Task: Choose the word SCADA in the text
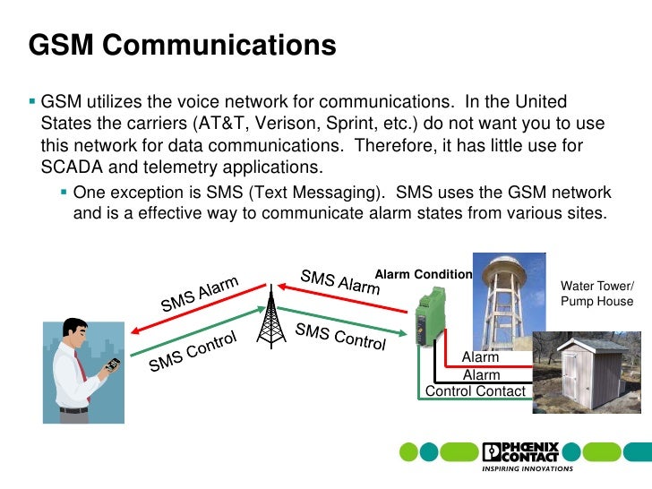(x=73, y=167)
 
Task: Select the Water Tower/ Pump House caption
(x=596, y=294)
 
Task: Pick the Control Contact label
(x=476, y=390)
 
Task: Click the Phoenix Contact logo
(x=520, y=451)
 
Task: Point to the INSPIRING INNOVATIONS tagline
(x=520, y=468)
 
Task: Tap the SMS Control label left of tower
(x=193, y=351)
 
